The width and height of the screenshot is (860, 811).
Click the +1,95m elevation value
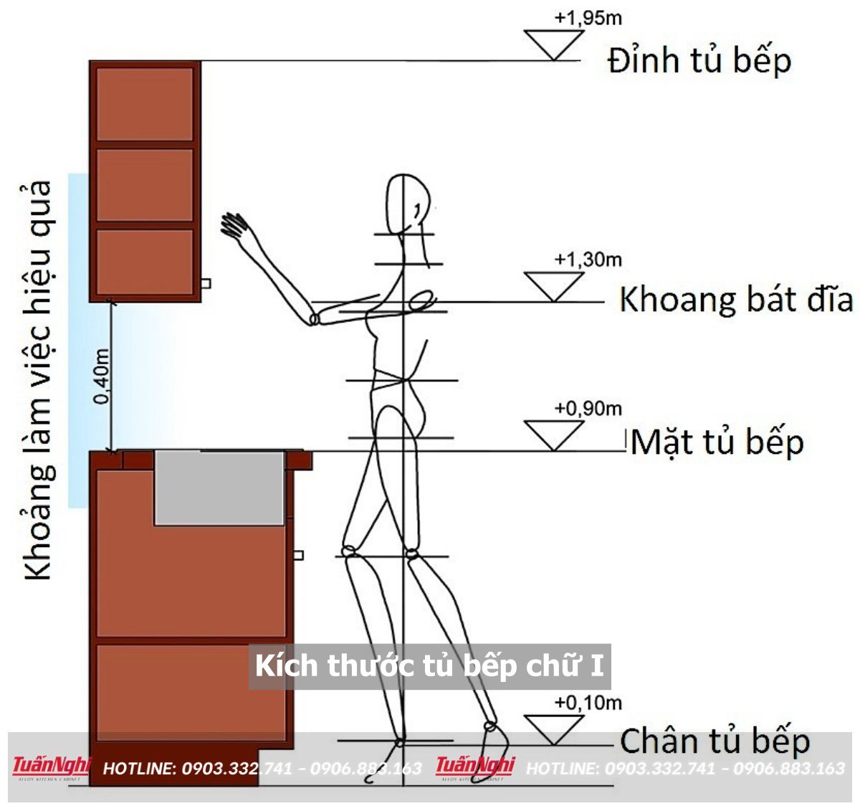pyautogui.click(x=588, y=18)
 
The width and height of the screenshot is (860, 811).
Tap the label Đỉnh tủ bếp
pyautogui.click(x=699, y=60)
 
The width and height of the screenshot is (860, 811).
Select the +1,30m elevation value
pyautogui.click(x=588, y=259)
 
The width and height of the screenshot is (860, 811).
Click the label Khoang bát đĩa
pyautogui.click(x=736, y=299)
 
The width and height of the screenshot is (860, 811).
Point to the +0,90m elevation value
pyautogui.click(x=588, y=408)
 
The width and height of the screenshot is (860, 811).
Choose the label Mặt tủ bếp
pyautogui.click(x=717, y=442)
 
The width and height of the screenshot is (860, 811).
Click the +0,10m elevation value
pyautogui.click(x=588, y=703)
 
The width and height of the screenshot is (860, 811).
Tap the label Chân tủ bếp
pyautogui.click(x=715, y=741)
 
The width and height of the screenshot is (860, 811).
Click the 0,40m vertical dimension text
pyautogui.click(x=102, y=376)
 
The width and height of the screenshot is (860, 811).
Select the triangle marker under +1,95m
pyautogui.click(x=553, y=44)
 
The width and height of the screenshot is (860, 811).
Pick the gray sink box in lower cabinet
pyautogui.click(x=219, y=488)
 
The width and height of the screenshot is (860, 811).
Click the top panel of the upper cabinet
pyautogui.click(x=145, y=104)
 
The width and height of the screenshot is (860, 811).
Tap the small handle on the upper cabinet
pyautogui.click(x=205, y=284)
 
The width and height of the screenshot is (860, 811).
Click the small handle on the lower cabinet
pyautogui.click(x=299, y=555)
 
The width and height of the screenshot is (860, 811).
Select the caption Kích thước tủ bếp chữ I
pyautogui.click(x=429, y=666)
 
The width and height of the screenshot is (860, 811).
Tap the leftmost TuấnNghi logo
pyautogui.click(x=50, y=767)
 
